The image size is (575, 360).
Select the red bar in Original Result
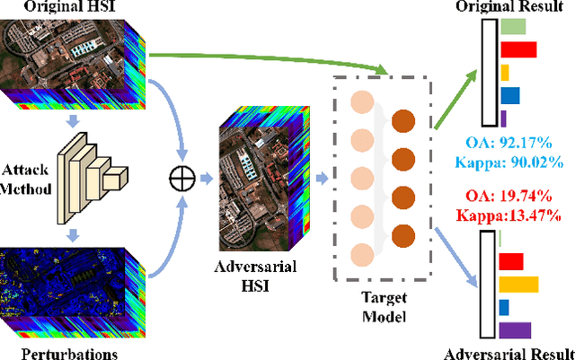pos(517,49)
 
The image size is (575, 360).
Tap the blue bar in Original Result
pos(509,95)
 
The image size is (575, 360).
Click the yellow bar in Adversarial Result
pos(518,285)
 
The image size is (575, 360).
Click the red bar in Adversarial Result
pos(511,261)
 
